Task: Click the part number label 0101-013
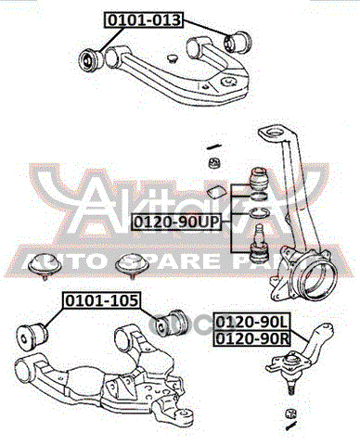pyautogui.click(x=144, y=19)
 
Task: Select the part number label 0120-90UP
pyautogui.click(x=177, y=222)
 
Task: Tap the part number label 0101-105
pyautogui.click(x=102, y=300)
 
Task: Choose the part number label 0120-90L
pyautogui.click(x=251, y=322)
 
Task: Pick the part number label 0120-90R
pyautogui.click(x=251, y=338)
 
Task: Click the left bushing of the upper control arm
pyautogui.click(x=91, y=59)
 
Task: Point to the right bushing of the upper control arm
pyautogui.click(x=238, y=42)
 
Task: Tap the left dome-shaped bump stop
pyautogui.click(x=44, y=264)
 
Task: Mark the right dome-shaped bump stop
pyautogui.click(x=131, y=264)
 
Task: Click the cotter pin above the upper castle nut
pyautogui.click(x=214, y=146)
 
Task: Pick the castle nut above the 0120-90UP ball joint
pyautogui.click(x=214, y=162)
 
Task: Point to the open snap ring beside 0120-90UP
pyautogui.click(x=258, y=213)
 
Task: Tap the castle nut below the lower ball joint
pyautogui.click(x=290, y=413)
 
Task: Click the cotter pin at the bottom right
pyautogui.click(x=290, y=427)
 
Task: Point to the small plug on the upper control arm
pyautogui.click(x=173, y=58)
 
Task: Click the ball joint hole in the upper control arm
pyautogui.click(x=228, y=81)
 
